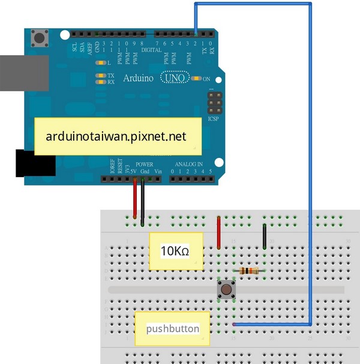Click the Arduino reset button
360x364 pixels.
(41, 38)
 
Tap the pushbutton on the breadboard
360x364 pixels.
(226, 290)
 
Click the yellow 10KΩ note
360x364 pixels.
(176, 251)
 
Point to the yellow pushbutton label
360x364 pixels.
(172, 328)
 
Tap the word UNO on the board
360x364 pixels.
(174, 78)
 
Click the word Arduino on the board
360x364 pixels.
(138, 78)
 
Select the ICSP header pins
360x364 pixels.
(214, 104)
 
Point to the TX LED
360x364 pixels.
(100, 76)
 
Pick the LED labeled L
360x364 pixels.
(100, 62)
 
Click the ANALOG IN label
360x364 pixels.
(188, 164)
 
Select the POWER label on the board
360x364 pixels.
(144, 164)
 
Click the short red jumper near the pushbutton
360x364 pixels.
(218, 232)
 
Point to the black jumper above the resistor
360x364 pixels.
(265, 236)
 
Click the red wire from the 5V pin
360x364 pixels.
(135, 198)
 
